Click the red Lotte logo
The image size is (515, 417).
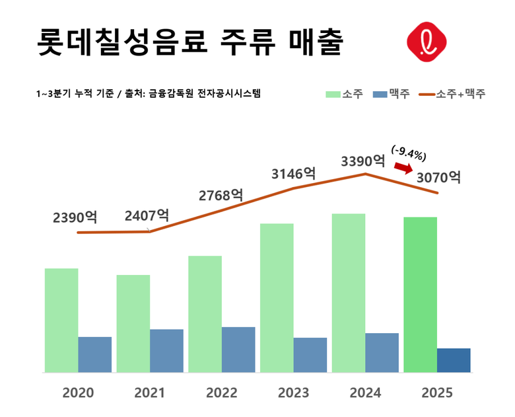[x=426, y=42]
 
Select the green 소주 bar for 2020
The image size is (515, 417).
[x=61, y=320]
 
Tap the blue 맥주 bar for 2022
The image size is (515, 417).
[x=238, y=349]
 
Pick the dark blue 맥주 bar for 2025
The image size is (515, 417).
[x=454, y=360]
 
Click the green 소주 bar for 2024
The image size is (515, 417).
[x=349, y=293]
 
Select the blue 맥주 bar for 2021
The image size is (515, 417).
[x=166, y=350]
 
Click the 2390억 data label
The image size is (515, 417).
[x=75, y=217]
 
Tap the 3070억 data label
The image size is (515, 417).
[x=438, y=177]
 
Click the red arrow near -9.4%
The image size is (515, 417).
[x=402, y=169]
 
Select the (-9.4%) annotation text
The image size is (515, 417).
[x=409, y=153]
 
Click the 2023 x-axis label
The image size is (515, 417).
[x=293, y=393]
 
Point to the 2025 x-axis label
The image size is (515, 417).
[x=437, y=393]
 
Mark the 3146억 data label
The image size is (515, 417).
[x=293, y=174]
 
